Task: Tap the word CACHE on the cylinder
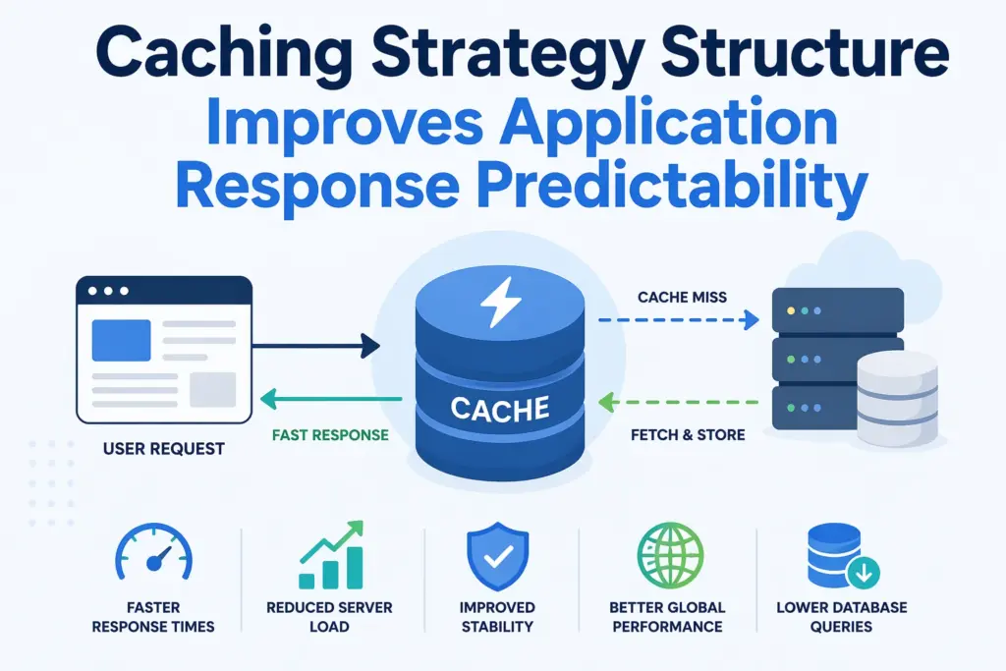point(499,407)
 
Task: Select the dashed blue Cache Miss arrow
point(678,319)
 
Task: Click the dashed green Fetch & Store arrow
point(678,401)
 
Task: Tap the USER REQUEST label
point(163,449)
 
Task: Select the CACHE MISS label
point(682,296)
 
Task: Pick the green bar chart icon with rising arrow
point(331,555)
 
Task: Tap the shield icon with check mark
point(496,557)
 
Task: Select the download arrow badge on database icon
point(867,572)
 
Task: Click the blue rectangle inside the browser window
point(121,340)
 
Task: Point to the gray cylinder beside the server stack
point(896,398)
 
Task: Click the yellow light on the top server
point(788,310)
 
